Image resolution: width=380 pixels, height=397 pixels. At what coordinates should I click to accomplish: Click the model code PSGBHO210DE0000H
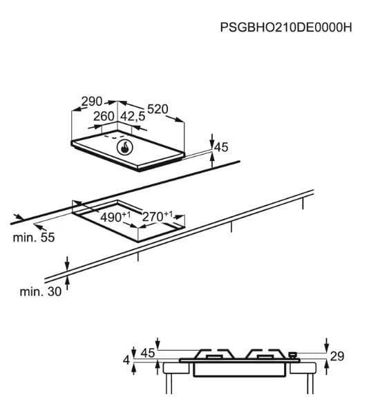(286, 27)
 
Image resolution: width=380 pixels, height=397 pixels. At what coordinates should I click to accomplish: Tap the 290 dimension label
(92, 101)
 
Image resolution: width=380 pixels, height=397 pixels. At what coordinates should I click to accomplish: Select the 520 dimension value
(158, 109)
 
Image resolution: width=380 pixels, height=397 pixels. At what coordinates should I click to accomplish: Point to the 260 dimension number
(104, 117)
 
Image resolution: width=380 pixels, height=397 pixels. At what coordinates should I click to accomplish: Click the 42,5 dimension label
(133, 117)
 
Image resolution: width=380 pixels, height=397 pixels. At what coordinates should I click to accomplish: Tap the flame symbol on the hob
(125, 148)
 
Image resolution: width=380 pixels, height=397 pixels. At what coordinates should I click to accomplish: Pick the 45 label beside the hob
(221, 147)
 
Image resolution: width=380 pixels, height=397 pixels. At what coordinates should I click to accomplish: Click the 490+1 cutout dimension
(115, 217)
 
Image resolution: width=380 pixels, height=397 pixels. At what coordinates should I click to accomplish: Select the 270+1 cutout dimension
(158, 216)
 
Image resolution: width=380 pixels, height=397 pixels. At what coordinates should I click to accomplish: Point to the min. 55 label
(34, 238)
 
